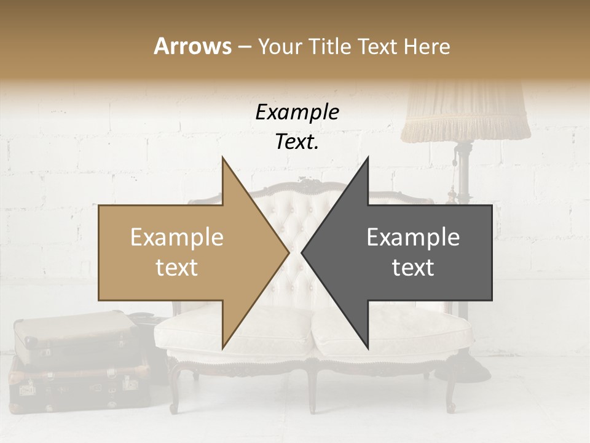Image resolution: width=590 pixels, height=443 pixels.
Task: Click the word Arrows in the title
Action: [192, 46]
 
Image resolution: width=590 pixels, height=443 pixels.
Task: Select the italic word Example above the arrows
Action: [297, 113]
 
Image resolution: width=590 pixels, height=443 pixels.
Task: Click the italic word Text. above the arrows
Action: [297, 142]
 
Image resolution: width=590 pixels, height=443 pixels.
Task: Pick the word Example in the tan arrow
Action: [177, 237]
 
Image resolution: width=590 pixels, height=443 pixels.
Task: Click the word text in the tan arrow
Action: [177, 268]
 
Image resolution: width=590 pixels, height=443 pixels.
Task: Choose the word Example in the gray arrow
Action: [413, 237]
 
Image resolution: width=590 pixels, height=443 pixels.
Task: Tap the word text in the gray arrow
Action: [413, 268]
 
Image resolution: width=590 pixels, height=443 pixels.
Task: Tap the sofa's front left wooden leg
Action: [175, 388]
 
